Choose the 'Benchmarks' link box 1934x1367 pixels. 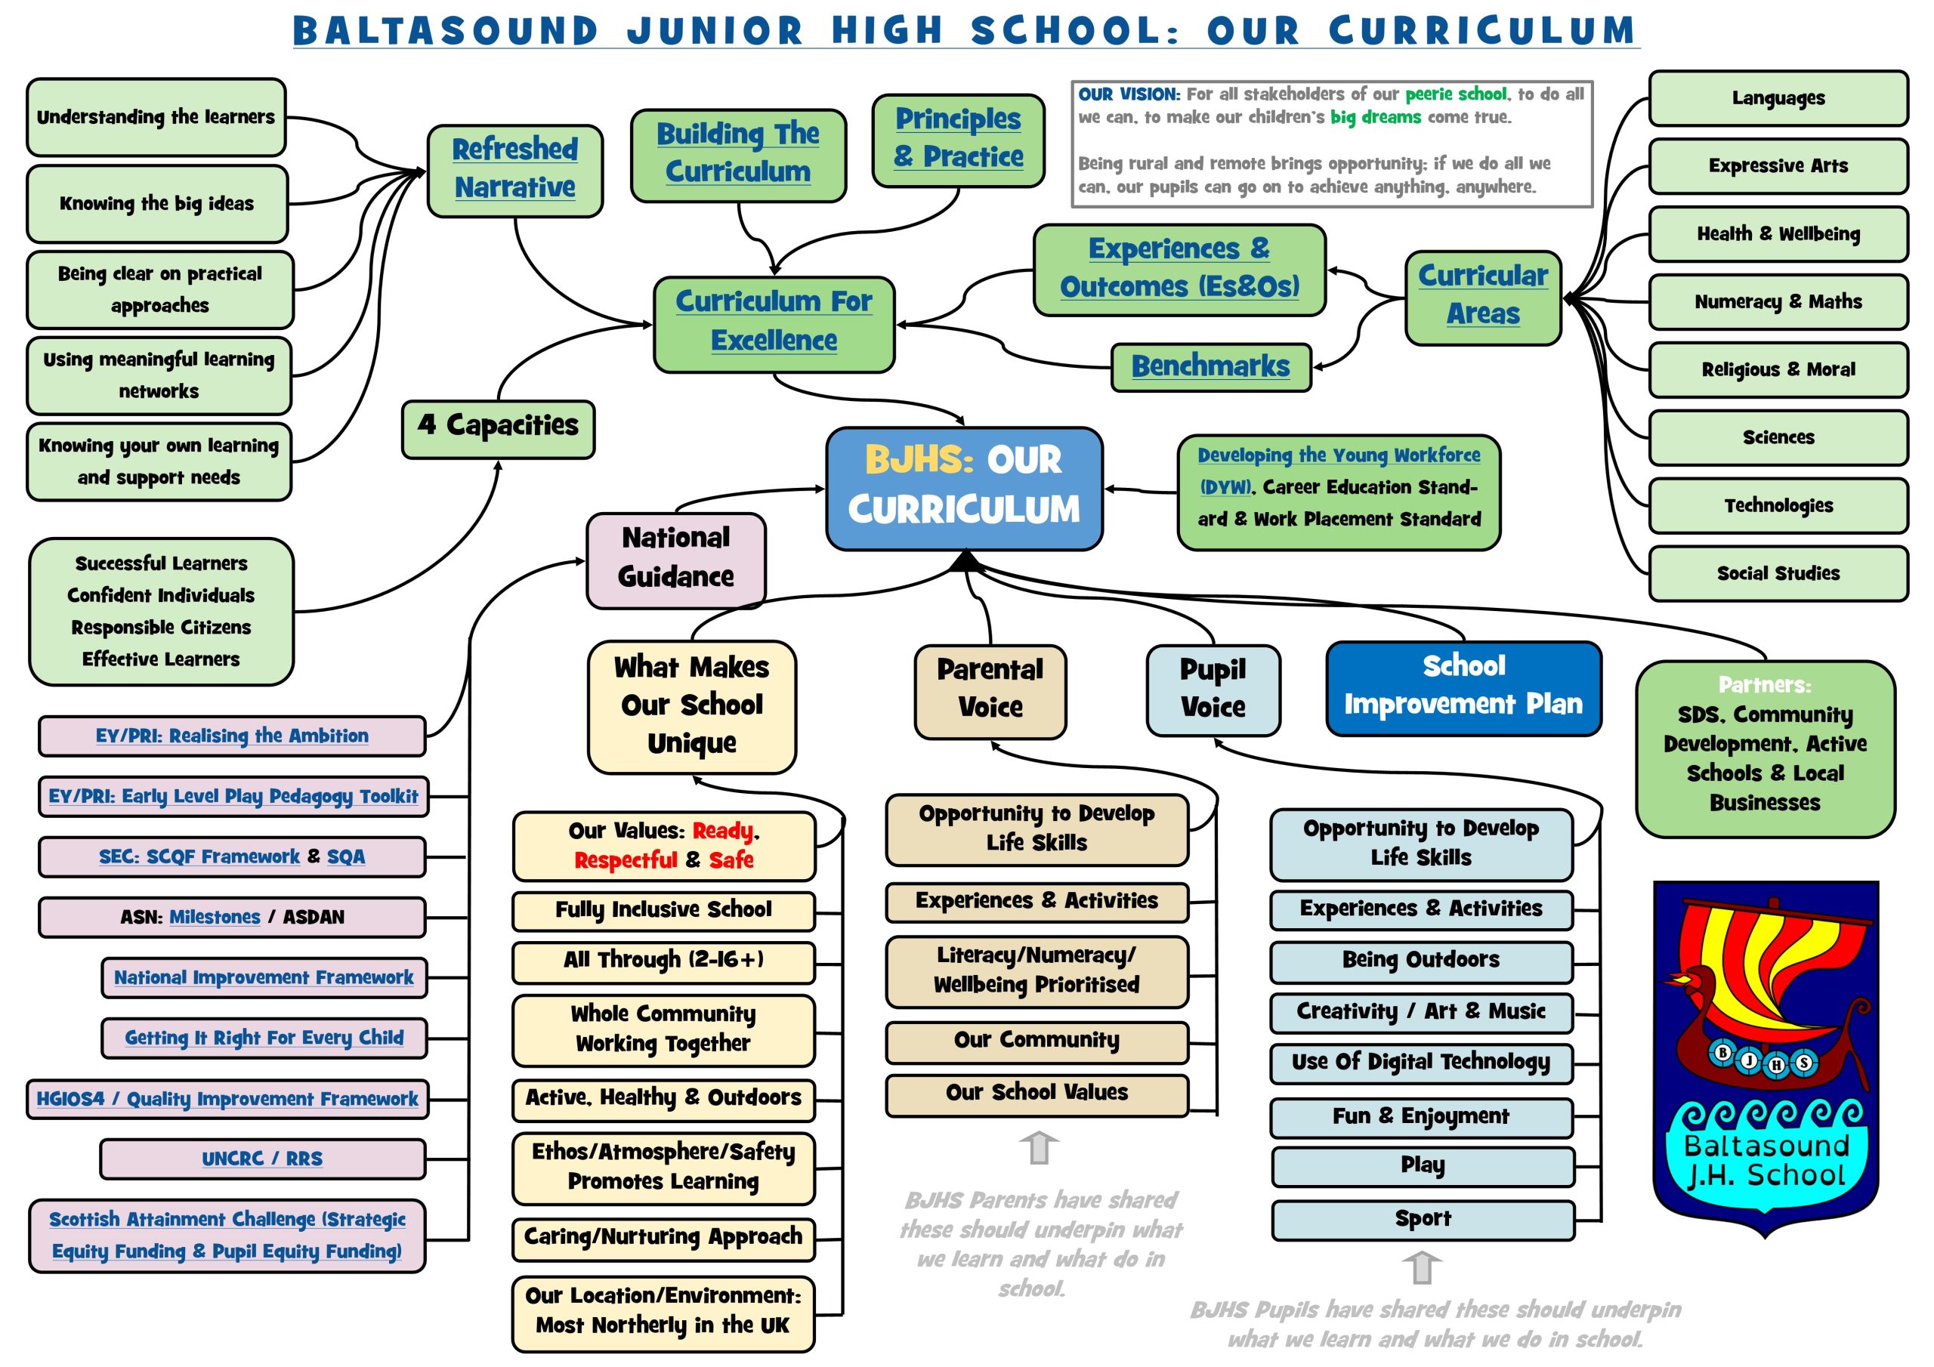[1210, 366]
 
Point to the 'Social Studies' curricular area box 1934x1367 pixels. [1778, 573]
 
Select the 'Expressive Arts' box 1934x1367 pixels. [1778, 166]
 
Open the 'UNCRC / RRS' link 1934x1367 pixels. [262, 1159]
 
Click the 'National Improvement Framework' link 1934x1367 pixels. [264, 978]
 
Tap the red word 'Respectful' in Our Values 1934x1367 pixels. [625, 861]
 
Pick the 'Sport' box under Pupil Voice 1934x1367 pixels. [1422, 1219]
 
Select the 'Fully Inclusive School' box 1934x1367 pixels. [663, 909]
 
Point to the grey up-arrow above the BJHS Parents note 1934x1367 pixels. [1039, 1147]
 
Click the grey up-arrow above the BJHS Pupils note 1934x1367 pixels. [1422, 1267]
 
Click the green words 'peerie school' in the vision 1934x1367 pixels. [1455, 94]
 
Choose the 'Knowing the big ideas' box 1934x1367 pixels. [156, 204]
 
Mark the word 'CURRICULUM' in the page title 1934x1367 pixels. [1481, 31]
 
